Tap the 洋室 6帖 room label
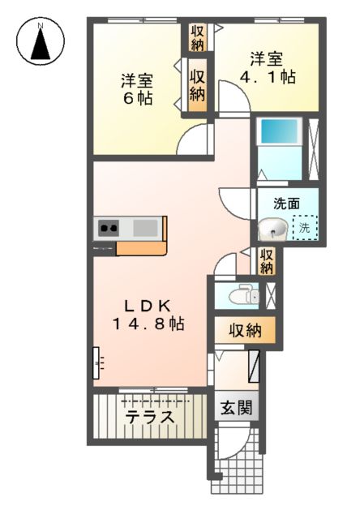coord(137,89)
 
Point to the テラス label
coord(149,418)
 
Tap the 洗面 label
coord(284,205)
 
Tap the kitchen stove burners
coord(108,228)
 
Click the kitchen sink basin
coord(146,227)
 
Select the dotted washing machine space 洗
coord(305,229)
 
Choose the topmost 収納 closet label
coord(197,36)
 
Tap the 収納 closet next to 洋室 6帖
coord(197,84)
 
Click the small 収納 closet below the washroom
coord(268,260)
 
